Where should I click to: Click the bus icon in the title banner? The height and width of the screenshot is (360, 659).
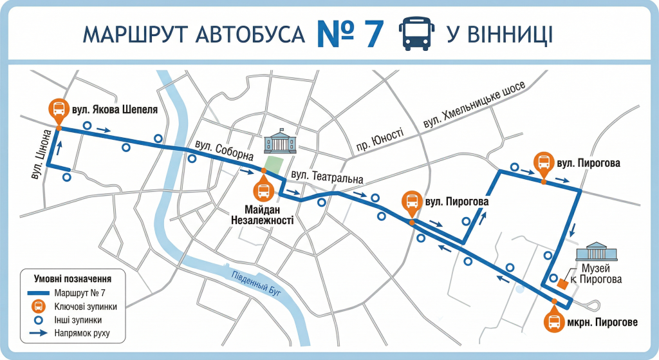click(416, 34)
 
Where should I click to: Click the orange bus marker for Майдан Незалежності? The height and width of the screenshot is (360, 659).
click(263, 190)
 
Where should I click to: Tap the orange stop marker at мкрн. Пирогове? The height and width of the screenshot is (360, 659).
click(553, 321)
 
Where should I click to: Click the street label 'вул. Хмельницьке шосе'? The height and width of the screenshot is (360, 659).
click(474, 105)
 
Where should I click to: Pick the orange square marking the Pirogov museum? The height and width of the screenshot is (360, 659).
click(562, 283)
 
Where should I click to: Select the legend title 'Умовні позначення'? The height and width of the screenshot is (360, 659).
click(72, 279)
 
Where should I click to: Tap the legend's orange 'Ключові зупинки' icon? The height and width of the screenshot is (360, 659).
click(39, 306)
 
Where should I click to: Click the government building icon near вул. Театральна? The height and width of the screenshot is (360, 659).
click(280, 140)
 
